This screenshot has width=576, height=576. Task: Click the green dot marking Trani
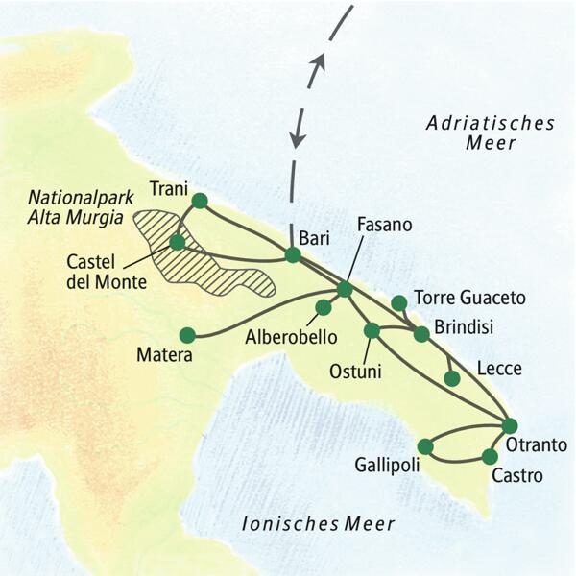pyautogui.click(x=200, y=201)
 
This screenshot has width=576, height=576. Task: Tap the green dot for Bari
pyautogui.click(x=293, y=255)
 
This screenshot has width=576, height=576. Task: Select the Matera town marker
pyautogui.click(x=187, y=335)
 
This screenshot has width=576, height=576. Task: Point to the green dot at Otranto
pyautogui.click(x=510, y=425)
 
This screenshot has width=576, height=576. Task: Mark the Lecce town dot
pyautogui.click(x=452, y=378)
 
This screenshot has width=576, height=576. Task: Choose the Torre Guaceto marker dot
pyautogui.click(x=398, y=303)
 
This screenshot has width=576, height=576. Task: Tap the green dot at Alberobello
pyautogui.click(x=324, y=307)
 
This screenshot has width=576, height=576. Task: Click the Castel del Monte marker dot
pyautogui.click(x=177, y=242)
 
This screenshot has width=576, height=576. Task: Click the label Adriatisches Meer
pyautogui.click(x=492, y=133)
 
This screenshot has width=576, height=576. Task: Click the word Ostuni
pyautogui.click(x=355, y=370)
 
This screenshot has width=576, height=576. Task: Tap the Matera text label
pyautogui.click(x=165, y=356)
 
